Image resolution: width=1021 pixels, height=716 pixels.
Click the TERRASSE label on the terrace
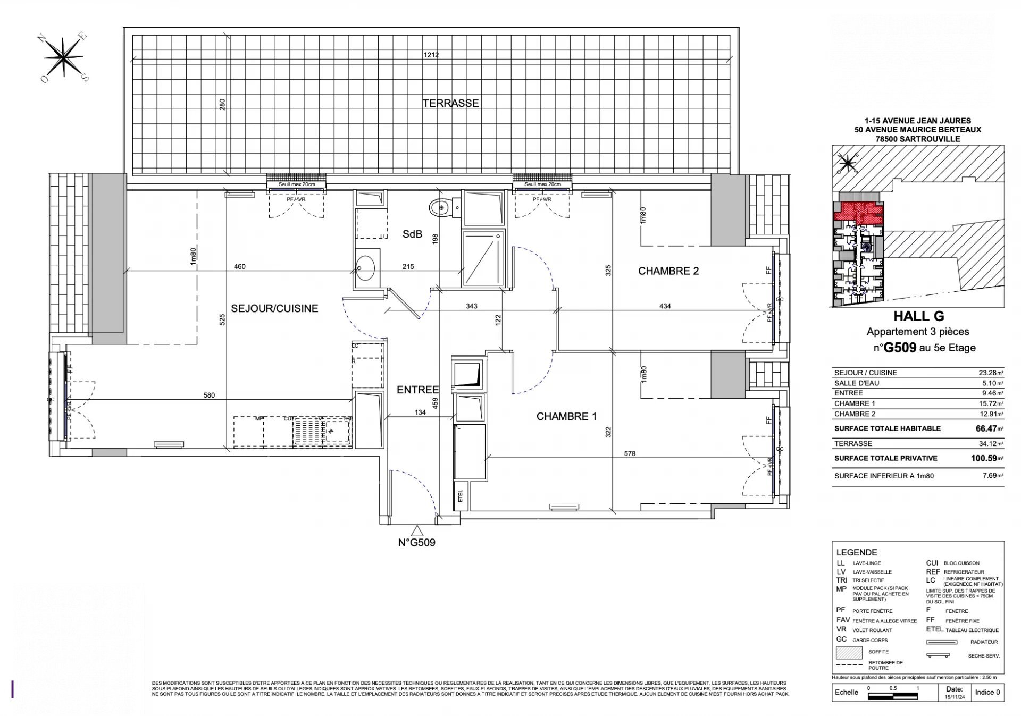[450, 103]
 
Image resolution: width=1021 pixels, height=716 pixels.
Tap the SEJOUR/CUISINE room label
[274, 308]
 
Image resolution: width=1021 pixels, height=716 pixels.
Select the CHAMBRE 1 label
[566, 416]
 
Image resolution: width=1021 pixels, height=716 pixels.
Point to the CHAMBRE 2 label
[668, 271]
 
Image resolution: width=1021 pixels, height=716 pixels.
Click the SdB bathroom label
[412, 233]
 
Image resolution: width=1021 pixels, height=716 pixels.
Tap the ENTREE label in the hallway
[417, 390]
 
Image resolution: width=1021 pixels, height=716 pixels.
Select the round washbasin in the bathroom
[365, 268]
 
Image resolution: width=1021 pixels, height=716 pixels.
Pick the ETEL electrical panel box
[460, 495]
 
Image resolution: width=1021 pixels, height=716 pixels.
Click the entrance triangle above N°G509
[417, 530]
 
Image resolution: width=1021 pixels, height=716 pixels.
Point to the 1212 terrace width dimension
[431, 55]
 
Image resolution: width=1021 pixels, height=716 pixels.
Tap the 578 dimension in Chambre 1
[630, 453]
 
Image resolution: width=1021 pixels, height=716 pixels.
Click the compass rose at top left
[64, 56]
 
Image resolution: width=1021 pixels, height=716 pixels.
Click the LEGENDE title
[856, 552]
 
